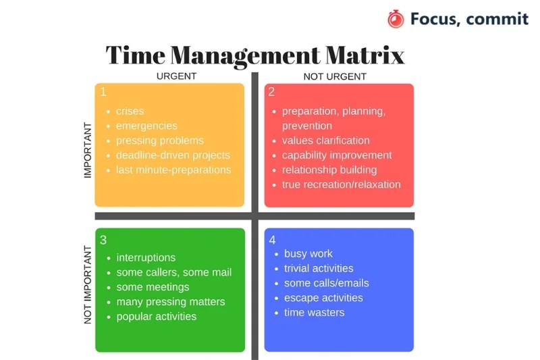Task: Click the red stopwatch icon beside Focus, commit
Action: (x=396, y=19)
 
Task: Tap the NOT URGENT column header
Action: (x=335, y=76)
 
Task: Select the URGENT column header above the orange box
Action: (x=176, y=76)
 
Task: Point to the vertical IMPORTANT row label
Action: (x=87, y=150)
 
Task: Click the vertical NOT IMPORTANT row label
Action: (x=87, y=284)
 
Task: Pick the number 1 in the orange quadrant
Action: (x=103, y=92)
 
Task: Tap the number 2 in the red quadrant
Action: (x=271, y=92)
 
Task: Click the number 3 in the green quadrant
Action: (x=103, y=239)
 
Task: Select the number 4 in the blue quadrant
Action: (x=272, y=240)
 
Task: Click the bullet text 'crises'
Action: (x=130, y=111)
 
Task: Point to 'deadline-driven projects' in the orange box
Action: (x=173, y=155)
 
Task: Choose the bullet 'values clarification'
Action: (x=325, y=140)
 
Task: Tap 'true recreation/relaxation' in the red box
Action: (x=341, y=184)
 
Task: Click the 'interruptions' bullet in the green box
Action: (x=146, y=257)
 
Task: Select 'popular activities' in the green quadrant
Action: (x=156, y=316)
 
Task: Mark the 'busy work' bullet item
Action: (x=308, y=253)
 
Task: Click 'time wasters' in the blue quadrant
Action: (x=314, y=312)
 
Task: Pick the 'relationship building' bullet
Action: (x=329, y=170)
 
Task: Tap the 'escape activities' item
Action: (x=323, y=298)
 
